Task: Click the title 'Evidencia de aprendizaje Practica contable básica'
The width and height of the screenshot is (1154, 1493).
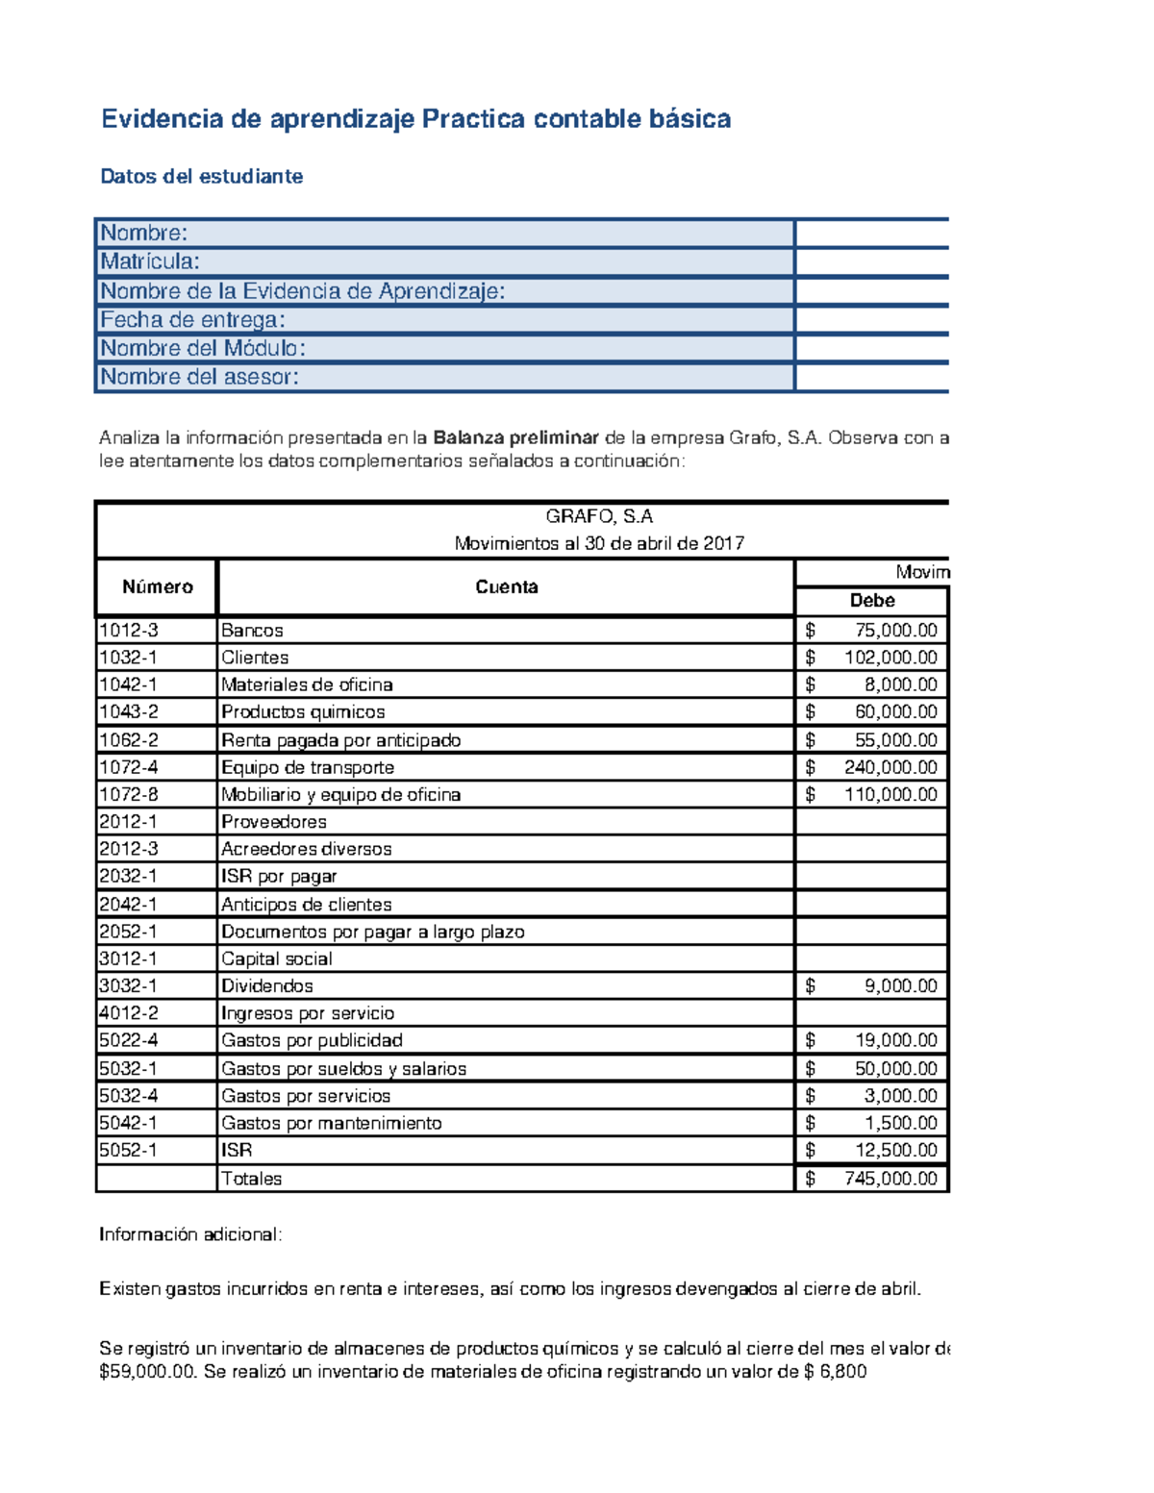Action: [415, 119]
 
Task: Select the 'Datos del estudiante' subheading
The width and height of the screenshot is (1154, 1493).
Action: [202, 177]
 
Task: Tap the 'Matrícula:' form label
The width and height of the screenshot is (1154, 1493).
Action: [150, 261]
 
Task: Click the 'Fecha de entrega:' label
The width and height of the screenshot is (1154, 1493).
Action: [193, 320]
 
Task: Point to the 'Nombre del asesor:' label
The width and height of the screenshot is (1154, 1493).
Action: [199, 377]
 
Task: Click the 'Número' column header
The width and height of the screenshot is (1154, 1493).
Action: [157, 587]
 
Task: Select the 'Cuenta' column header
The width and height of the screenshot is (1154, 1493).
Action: [506, 587]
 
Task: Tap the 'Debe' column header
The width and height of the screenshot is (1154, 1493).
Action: [871, 601]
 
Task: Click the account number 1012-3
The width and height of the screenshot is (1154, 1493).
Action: [129, 631]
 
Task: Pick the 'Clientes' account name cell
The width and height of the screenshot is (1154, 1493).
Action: [255, 658]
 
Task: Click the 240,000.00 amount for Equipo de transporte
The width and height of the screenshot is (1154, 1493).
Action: [890, 767]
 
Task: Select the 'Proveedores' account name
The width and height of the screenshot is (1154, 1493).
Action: [274, 822]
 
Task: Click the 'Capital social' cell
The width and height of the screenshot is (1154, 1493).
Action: [277, 958]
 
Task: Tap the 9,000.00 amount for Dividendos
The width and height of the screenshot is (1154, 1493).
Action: [900, 986]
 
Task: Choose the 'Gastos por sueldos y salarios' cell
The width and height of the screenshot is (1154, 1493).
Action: [343, 1069]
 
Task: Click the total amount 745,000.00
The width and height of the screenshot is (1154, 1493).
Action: [890, 1179]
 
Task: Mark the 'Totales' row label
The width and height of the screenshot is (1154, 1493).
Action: [252, 1179]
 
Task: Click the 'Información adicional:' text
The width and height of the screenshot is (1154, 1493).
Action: [190, 1235]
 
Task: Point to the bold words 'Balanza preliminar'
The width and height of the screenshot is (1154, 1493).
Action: [515, 438]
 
